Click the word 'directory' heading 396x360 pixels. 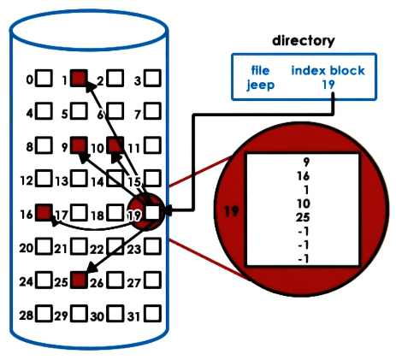[303, 40]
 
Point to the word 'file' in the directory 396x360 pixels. [260, 71]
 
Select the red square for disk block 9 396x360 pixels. [80, 145]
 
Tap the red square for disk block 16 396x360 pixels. [44, 212]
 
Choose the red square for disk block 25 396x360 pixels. [80, 280]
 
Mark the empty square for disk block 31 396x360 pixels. [152, 314]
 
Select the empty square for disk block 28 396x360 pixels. [44, 314]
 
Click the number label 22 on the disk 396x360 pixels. [97, 248]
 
